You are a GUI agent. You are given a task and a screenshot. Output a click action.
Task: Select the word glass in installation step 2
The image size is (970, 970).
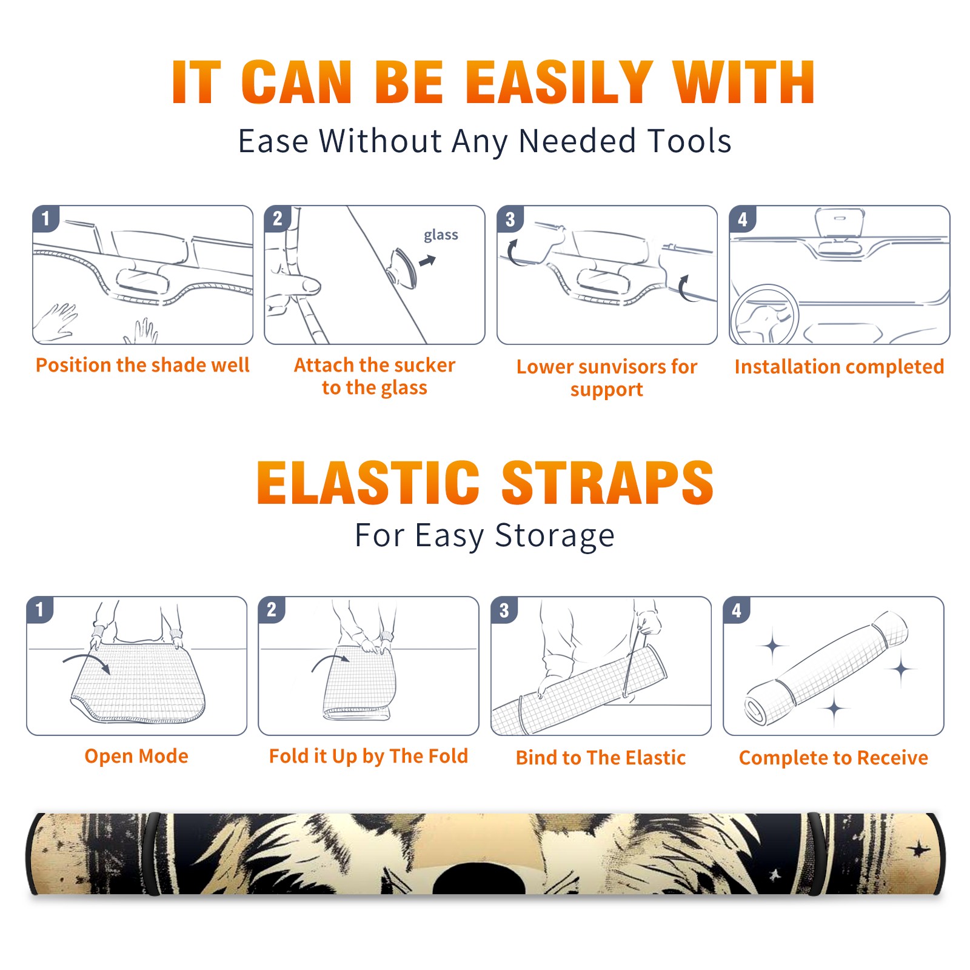[441, 235]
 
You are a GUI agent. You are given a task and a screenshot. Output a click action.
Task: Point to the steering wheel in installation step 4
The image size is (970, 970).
[764, 315]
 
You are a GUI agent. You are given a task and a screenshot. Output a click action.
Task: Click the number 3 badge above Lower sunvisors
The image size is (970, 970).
[510, 219]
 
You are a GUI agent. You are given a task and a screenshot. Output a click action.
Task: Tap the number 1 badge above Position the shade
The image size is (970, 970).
[45, 218]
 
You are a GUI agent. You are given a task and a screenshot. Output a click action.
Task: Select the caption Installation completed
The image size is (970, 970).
[839, 367]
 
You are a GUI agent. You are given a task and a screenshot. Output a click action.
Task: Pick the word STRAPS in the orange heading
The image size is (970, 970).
[607, 483]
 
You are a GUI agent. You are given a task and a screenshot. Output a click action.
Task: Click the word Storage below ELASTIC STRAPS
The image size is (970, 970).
[555, 536]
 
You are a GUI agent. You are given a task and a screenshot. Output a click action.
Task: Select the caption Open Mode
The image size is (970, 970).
[136, 756]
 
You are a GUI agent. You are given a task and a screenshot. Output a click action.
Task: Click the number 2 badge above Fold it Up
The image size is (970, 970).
[271, 609]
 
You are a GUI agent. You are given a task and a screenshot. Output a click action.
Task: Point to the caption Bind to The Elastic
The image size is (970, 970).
[601, 758]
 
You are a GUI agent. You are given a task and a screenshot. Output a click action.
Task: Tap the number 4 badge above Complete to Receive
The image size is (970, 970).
[736, 609]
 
